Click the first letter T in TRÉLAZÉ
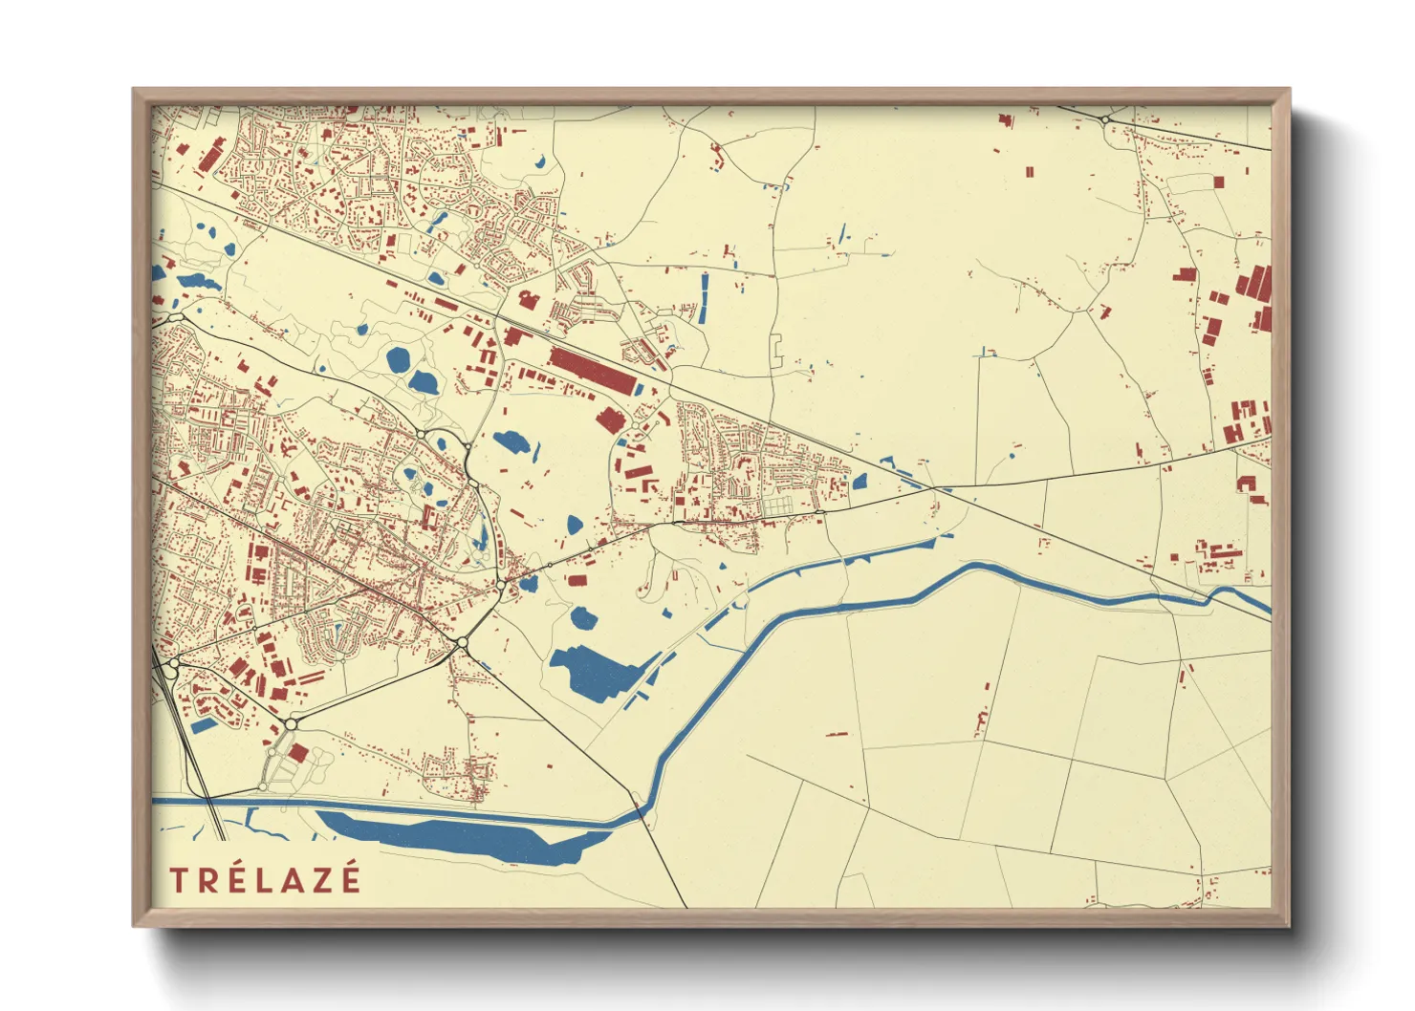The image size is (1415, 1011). (x=178, y=879)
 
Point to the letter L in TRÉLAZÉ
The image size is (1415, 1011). (x=265, y=879)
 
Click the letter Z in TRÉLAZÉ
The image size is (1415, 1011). (x=322, y=879)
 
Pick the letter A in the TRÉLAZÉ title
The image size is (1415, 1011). (x=293, y=879)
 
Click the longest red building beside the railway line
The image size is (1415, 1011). (x=592, y=372)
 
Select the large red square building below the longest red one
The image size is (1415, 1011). (x=610, y=419)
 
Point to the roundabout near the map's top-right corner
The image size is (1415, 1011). (x=1104, y=119)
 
